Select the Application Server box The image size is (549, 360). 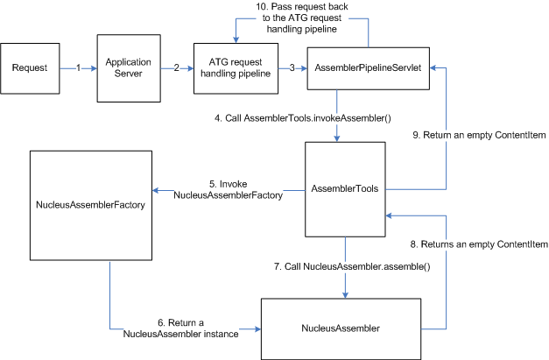pyautogui.click(x=129, y=67)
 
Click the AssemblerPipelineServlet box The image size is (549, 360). pyautogui.click(x=367, y=67)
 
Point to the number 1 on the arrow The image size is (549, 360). pyautogui.click(x=78, y=67)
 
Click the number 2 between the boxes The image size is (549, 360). pyautogui.click(x=177, y=67)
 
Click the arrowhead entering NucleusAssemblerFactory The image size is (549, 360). pyautogui.click(x=158, y=189)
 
